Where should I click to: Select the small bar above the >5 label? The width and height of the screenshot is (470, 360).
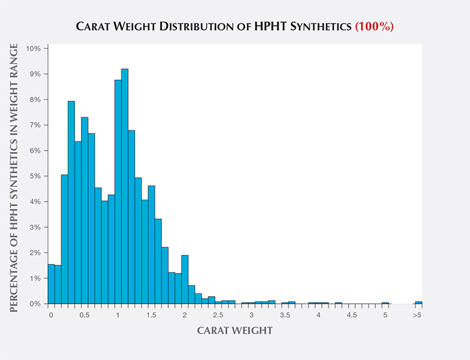[x=418, y=302]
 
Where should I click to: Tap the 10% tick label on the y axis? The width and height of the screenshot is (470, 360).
[x=33, y=48]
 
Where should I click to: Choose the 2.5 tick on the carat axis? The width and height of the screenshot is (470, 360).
[x=218, y=315]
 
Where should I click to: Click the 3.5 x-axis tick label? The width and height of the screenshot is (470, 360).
[x=285, y=315]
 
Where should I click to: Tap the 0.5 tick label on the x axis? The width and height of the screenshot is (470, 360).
[x=84, y=315]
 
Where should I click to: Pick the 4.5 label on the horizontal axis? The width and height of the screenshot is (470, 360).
[x=352, y=315]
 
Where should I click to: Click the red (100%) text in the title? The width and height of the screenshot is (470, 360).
[x=374, y=27]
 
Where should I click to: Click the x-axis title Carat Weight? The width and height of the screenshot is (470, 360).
[x=235, y=331]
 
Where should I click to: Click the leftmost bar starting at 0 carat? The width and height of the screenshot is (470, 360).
[x=51, y=284]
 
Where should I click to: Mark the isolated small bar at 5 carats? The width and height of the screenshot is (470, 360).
[x=385, y=303]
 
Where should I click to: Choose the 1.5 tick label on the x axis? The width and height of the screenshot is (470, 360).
[x=151, y=315]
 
